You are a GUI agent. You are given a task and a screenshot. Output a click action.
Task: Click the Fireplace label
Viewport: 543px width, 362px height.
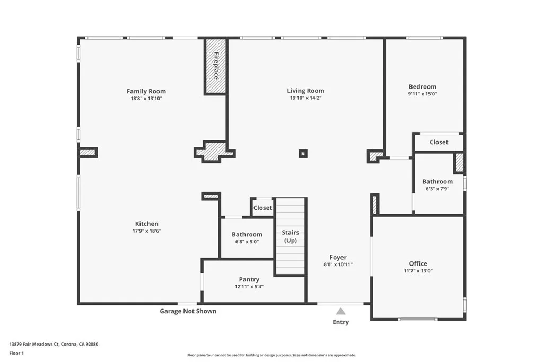[216, 66]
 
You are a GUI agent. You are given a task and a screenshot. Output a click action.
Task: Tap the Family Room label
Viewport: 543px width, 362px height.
[146, 91]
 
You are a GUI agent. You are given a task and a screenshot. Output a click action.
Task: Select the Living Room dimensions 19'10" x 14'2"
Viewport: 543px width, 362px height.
[305, 98]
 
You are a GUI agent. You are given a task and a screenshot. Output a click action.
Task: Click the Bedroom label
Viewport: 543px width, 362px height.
[422, 87]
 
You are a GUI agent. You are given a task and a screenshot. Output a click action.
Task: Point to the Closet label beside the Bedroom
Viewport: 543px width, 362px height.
[439, 142]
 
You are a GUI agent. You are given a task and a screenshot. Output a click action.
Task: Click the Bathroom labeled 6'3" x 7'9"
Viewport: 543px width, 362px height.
[437, 182]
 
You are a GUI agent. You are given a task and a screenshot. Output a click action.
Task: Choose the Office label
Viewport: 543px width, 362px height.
[418, 263]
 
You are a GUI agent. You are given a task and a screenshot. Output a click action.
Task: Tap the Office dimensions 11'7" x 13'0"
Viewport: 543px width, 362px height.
[418, 271]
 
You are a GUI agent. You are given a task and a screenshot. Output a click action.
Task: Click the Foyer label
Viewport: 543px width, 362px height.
[338, 258]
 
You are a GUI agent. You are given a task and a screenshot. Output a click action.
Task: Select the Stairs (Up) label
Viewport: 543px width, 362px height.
[290, 236]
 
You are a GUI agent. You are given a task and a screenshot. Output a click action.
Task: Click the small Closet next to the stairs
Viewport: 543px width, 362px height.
[262, 208]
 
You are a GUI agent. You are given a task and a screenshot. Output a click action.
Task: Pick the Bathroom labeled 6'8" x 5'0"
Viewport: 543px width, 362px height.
[247, 234]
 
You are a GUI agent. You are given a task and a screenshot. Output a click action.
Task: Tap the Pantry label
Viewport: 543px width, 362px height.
[249, 279]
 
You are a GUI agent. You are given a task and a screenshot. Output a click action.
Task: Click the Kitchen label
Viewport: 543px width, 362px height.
[146, 224]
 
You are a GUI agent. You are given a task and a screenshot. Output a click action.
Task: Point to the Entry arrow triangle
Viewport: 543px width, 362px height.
[340, 312]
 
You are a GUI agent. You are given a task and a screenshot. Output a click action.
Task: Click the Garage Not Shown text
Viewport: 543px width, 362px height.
[188, 311]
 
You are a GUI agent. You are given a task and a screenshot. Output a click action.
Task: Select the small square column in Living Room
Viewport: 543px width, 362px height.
[303, 154]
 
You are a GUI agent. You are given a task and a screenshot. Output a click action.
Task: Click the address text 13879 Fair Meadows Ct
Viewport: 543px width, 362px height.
[54, 344]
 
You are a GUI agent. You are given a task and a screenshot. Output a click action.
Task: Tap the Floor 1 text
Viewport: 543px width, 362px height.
[16, 352]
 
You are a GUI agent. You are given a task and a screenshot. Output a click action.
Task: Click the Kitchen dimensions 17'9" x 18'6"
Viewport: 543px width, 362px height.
[146, 231]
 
